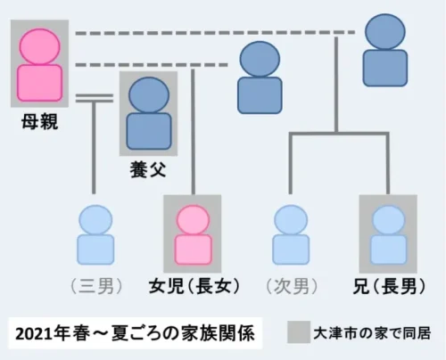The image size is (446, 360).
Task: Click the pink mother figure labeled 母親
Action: (x=40, y=65)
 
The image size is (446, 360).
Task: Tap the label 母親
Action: (x=39, y=122)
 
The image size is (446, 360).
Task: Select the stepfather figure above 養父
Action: (x=149, y=113)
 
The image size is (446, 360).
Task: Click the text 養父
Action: (x=148, y=170)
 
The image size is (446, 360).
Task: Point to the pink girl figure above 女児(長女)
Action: (x=194, y=234)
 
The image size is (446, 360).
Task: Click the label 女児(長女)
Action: (x=194, y=286)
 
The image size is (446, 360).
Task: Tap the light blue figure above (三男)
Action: (x=95, y=234)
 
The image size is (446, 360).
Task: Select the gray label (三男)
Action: (x=96, y=286)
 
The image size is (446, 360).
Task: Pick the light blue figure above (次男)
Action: (x=291, y=234)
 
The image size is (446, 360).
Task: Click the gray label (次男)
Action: (x=292, y=286)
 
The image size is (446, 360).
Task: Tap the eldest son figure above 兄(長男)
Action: (x=388, y=234)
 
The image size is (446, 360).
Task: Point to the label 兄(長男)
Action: (x=389, y=286)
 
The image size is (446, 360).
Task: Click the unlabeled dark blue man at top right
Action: (x=385, y=50)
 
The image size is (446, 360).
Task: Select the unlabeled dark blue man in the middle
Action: (x=260, y=78)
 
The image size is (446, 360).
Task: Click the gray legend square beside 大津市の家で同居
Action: (x=299, y=332)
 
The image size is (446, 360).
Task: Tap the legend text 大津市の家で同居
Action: (x=372, y=333)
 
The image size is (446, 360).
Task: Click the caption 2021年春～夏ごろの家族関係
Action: (x=135, y=333)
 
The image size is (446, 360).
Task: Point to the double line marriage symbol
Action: (x=95, y=98)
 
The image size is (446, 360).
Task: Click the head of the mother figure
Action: (x=40, y=46)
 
